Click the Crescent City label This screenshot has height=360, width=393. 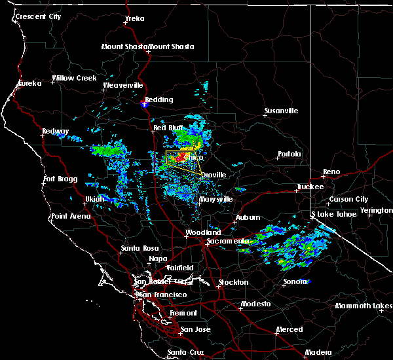click(x=39, y=16)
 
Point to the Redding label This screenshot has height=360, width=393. click(x=159, y=99)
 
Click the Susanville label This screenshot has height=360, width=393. click(x=281, y=111)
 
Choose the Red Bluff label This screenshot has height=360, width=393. click(x=168, y=128)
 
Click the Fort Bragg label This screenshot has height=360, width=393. click(x=60, y=179)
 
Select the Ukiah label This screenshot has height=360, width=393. click(x=94, y=199)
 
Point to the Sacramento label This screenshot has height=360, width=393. click(x=225, y=241)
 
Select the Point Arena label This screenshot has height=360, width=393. click(x=72, y=216)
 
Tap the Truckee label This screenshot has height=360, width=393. click(x=310, y=187)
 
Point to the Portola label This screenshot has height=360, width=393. click(x=290, y=154)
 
